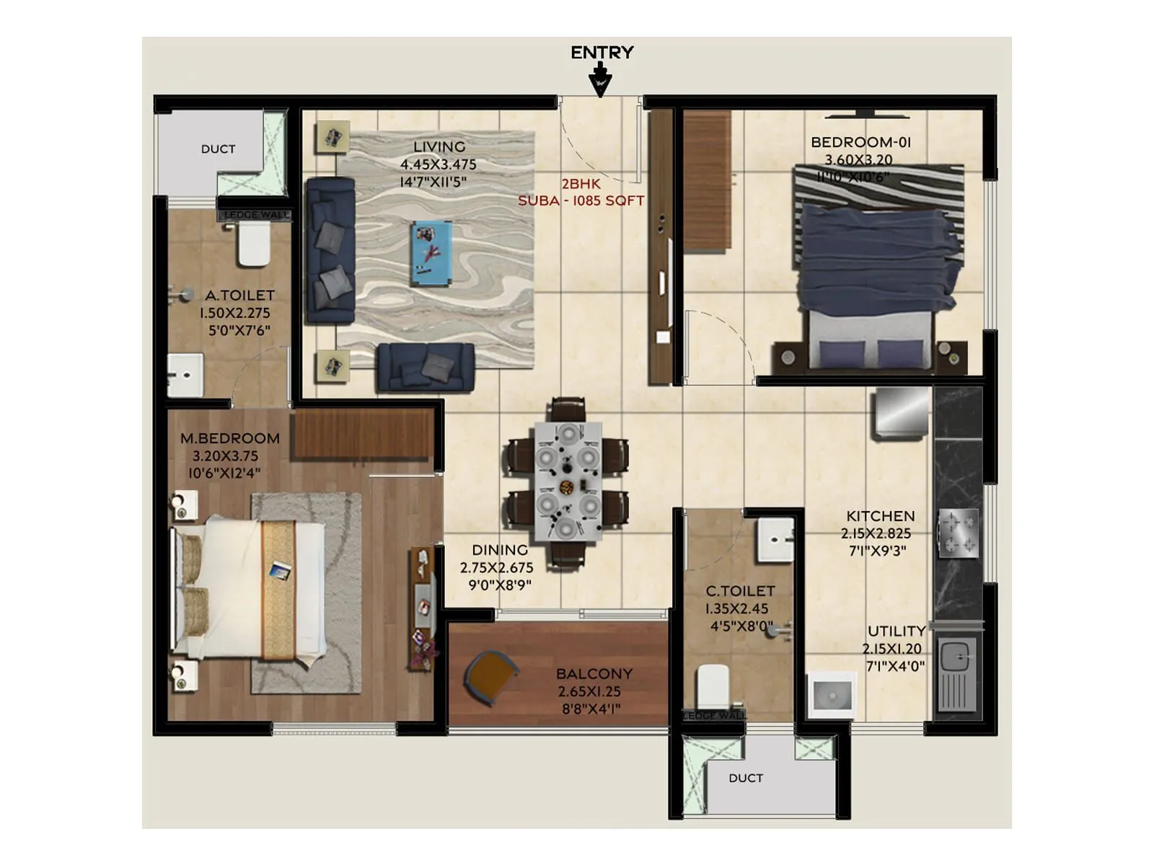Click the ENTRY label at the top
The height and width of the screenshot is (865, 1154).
pyautogui.click(x=602, y=53)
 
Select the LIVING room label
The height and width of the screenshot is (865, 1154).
pyautogui.click(x=439, y=146)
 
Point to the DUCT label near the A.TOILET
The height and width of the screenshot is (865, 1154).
pyautogui.click(x=218, y=149)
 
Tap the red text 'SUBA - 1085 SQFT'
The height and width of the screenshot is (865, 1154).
pyautogui.click(x=581, y=201)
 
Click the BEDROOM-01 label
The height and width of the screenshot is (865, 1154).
pyautogui.click(x=860, y=142)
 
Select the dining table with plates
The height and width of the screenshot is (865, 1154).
pyautogui.click(x=568, y=482)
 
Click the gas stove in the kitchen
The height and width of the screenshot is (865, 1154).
pyautogui.click(x=958, y=533)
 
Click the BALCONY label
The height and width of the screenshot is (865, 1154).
pyautogui.click(x=594, y=674)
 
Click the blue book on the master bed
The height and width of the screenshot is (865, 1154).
pyautogui.click(x=280, y=572)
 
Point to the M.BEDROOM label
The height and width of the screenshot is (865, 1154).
pyautogui.click(x=229, y=438)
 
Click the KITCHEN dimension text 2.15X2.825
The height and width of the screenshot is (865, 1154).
pyautogui.click(x=876, y=533)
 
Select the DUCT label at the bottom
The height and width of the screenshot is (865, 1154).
pyautogui.click(x=745, y=778)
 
